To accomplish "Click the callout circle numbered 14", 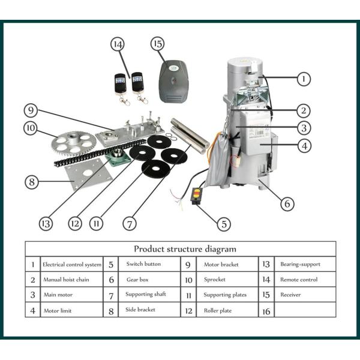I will click(118, 45).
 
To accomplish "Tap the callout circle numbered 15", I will click(158, 45).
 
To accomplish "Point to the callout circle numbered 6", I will click(287, 203).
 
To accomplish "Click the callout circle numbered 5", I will click(223, 224).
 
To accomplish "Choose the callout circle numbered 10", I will click(31, 128).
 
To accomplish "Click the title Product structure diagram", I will click(185, 248).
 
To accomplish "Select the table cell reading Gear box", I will click(137, 280).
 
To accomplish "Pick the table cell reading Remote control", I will click(299, 280).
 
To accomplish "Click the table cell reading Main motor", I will click(58, 295).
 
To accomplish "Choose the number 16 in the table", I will click(266, 311).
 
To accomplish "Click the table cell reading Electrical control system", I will click(71, 264).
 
